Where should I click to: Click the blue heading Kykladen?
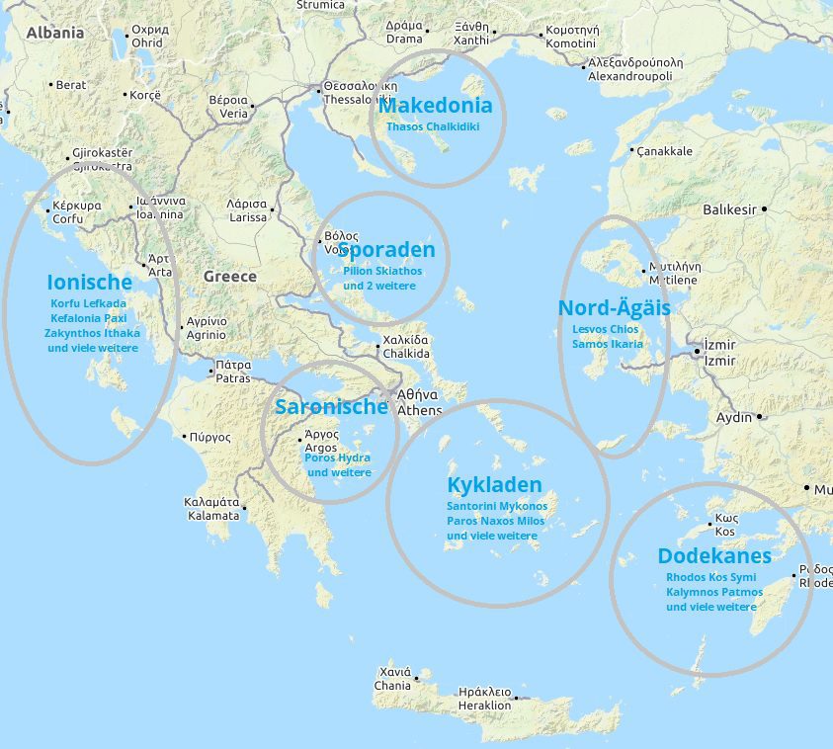click(494, 484)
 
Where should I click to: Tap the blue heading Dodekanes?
click(713, 555)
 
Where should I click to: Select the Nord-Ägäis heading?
click(614, 308)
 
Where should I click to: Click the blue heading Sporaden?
click(385, 249)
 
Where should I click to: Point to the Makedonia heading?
click(435, 106)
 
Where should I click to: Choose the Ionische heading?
click(89, 283)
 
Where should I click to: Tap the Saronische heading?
click(331, 406)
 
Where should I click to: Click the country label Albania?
click(55, 33)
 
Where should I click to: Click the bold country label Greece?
click(229, 277)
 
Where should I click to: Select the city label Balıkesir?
click(729, 209)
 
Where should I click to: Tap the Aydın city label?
click(734, 417)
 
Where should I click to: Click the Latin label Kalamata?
click(211, 516)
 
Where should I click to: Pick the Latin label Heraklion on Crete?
click(484, 706)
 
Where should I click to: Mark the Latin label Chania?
click(392, 686)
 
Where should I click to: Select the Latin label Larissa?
click(247, 216)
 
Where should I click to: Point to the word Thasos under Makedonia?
click(403, 127)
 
